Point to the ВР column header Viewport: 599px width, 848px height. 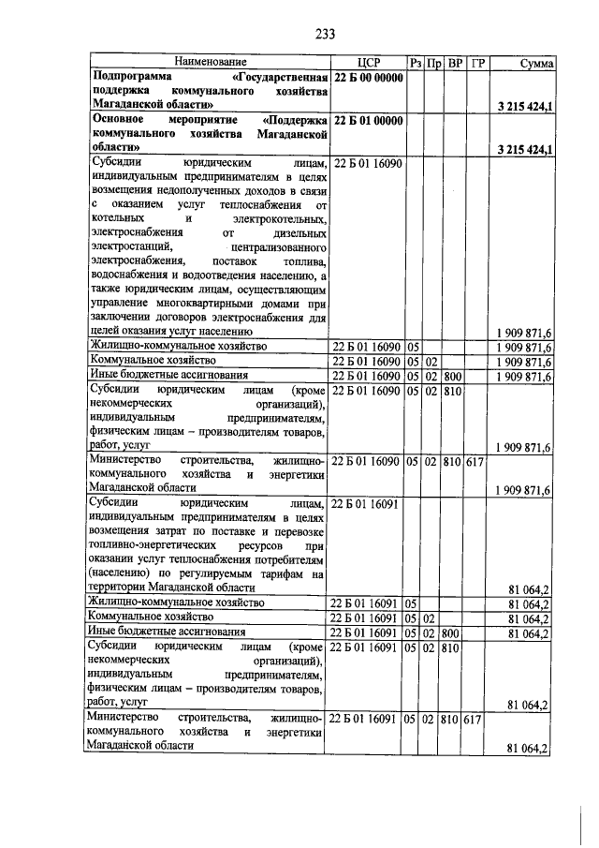point(454,63)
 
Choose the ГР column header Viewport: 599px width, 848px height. point(475,63)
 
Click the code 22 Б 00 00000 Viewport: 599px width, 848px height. point(368,78)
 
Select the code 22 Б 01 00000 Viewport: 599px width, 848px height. point(368,121)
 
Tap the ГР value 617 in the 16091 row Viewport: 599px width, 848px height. point(474,719)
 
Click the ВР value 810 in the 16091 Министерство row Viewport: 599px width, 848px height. point(452,719)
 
